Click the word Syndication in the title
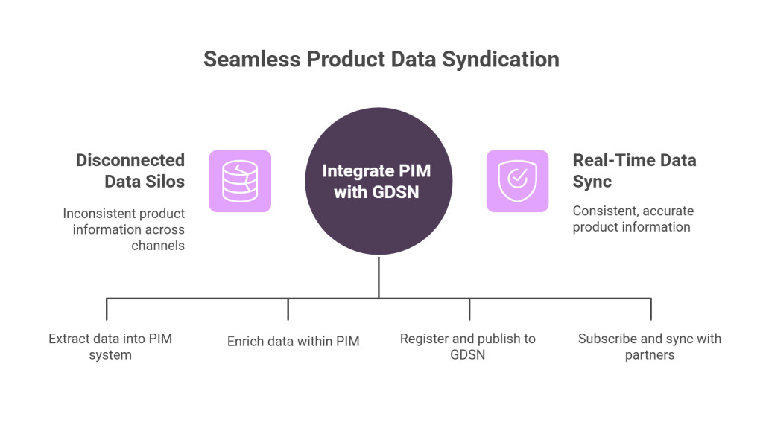pos(500,60)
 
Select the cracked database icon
pos(240,181)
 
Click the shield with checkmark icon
pos(517,181)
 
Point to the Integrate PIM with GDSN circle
pos(379,181)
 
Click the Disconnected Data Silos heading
pos(130,170)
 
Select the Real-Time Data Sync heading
pos(634,170)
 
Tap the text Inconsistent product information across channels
pos(124,229)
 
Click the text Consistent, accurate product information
pos(633,219)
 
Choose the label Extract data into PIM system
pos(110,347)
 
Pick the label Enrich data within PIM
pos(294,341)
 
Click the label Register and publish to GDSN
pos(468,347)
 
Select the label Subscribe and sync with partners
pos(650,347)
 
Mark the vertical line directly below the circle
pos(379,277)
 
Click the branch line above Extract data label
pos(107,309)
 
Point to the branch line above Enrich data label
pos(288,309)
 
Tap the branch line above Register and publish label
pos(469,309)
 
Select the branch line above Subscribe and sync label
pos(650,309)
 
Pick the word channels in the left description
pos(158,246)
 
